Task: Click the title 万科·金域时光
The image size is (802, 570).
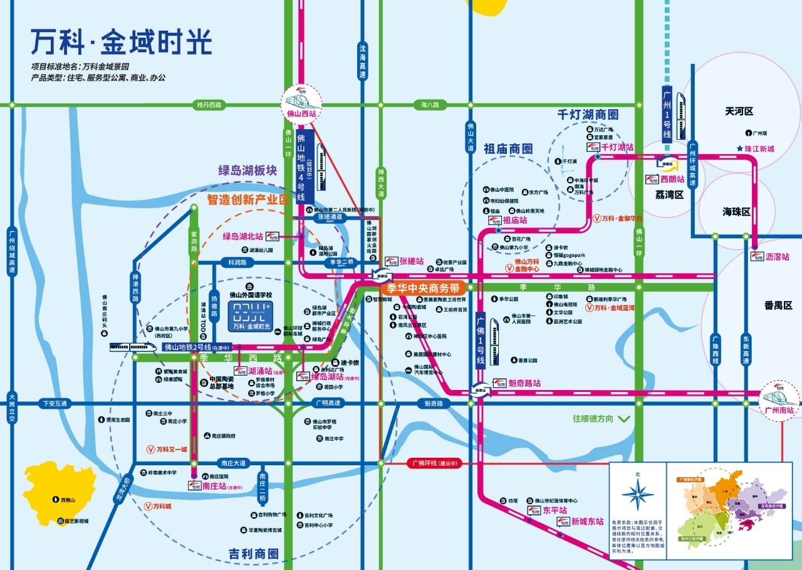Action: (x=122, y=43)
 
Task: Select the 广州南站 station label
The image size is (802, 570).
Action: (x=779, y=411)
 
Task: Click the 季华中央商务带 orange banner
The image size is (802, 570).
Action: (x=423, y=288)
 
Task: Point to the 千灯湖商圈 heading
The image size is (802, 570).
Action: (x=588, y=115)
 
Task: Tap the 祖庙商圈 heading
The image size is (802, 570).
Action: (x=508, y=149)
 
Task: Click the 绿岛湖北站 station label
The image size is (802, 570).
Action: (x=242, y=236)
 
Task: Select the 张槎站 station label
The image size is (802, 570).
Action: (x=412, y=261)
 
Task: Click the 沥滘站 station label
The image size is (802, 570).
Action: (x=777, y=257)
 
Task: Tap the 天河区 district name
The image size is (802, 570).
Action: (x=739, y=111)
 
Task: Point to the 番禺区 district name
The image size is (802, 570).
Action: (x=778, y=305)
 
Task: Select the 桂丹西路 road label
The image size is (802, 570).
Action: (x=209, y=105)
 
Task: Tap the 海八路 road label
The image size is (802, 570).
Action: (x=430, y=105)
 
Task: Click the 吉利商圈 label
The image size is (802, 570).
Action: (x=253, y=554)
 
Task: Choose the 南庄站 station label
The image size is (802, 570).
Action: (x=215, y=485)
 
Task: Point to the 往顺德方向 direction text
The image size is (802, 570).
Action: (x=592, y=418)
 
